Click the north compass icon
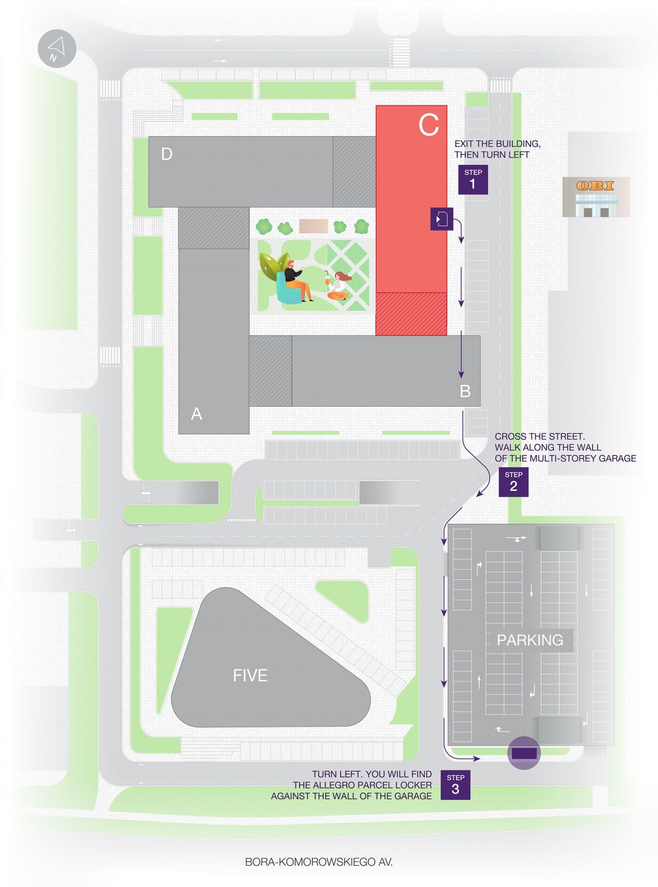tap(57, 48)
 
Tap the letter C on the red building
tap(429, 125)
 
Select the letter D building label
tap(167, 154)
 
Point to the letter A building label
tap(196, 414)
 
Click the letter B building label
tap(465, 391)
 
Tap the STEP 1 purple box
tap(473, 179)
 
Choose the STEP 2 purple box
tap(513, 482)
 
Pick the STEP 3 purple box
tap(456, 785)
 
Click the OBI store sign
tap(595, 186)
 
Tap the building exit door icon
tap(442, 219)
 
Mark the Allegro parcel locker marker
tap(524, 753)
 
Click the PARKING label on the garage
tap(530, 640)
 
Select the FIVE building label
tap(250, 676)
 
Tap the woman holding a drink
tap(338, 285)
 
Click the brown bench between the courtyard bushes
tap(313, 226)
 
